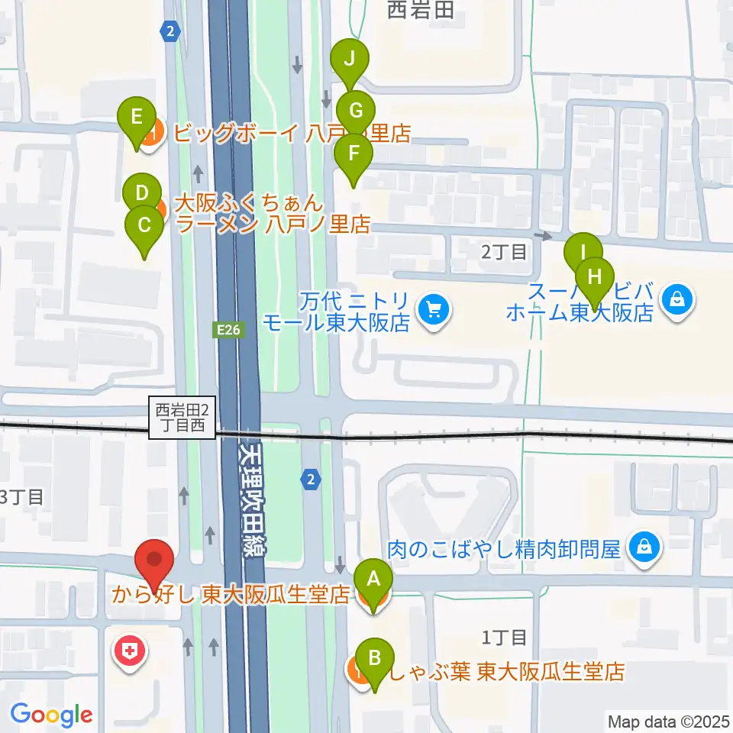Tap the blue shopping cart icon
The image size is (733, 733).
[x=435, y=309]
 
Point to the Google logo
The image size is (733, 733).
[x=51, y=715]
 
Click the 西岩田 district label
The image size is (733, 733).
[x=421, y=11]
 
